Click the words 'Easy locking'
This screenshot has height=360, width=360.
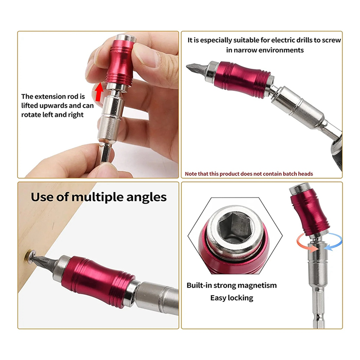(232, 297)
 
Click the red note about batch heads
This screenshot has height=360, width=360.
(249, 174)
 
